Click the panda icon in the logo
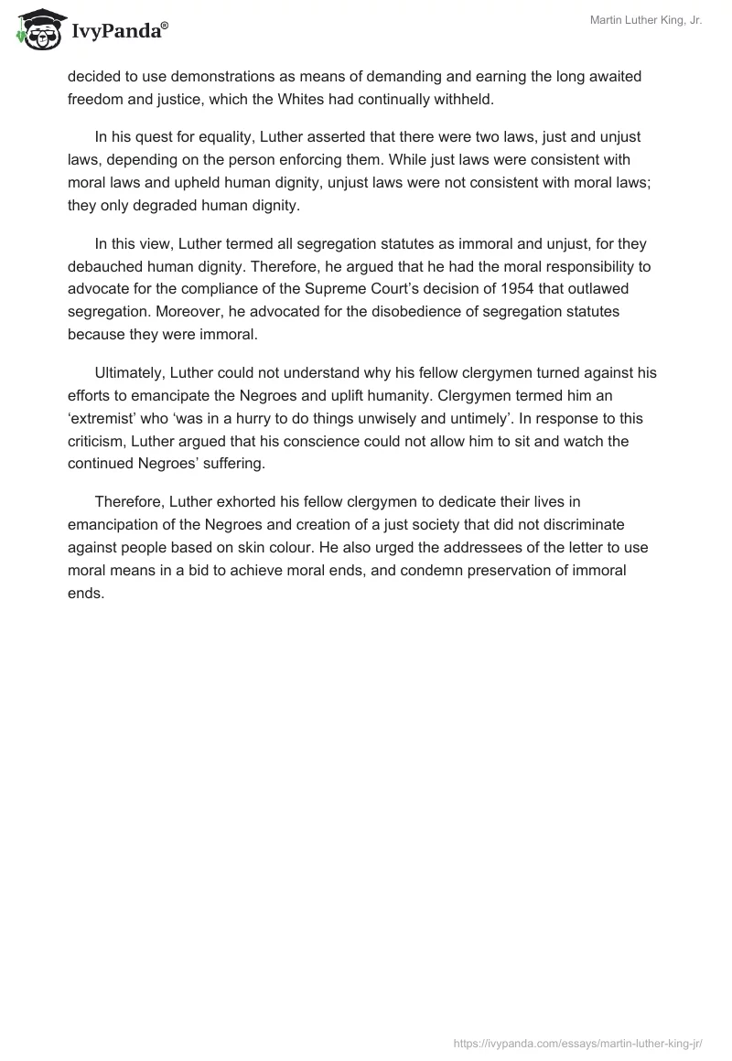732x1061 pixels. coord(36,29)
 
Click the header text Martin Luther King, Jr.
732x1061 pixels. coord(645,20)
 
